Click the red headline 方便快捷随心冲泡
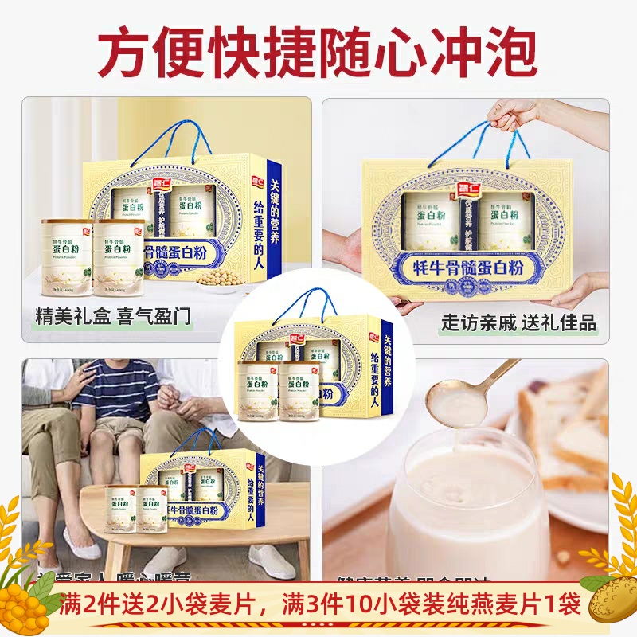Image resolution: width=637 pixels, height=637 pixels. pyautogui.click(x=318, y=53)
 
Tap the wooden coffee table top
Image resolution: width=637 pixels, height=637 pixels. pyautogui.click(x=199, y=510)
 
